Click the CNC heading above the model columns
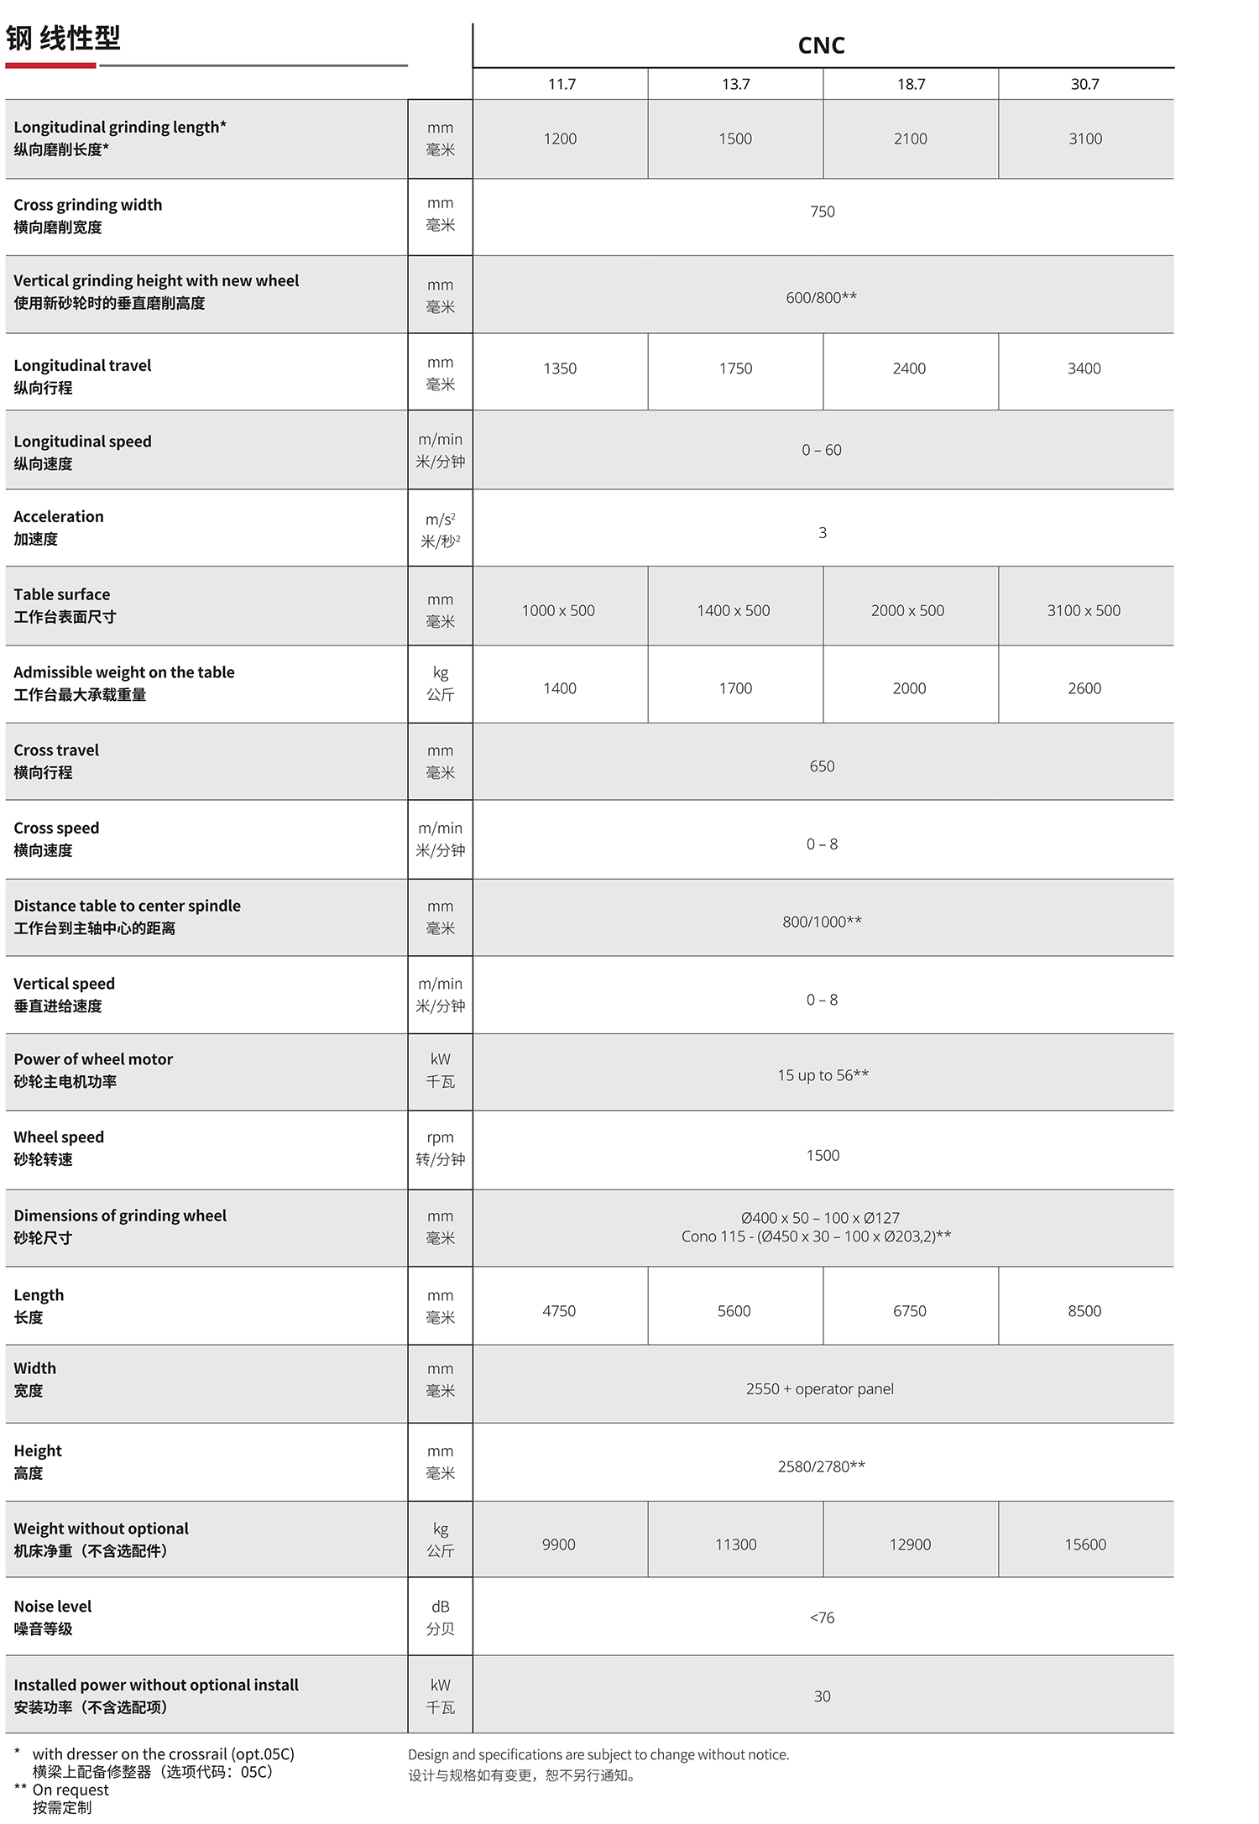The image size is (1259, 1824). click(821, 45)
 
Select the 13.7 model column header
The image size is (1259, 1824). click(735, 84)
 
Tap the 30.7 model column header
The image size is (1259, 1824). click(1084, 84)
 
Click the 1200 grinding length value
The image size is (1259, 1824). click(560, 139)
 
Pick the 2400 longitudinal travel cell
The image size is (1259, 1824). click(909, 368)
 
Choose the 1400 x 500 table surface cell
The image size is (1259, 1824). click(733, 611)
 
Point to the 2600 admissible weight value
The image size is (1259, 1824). click(1084, 689)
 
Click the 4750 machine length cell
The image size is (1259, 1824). click(559, 1311)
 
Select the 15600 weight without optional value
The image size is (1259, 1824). click(1085, 1544)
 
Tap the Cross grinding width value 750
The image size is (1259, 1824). click(823, 212)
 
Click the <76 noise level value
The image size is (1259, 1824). click(822, 1618)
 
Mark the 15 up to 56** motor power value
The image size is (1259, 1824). click(823, 1075)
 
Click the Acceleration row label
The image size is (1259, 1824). click(59, 517)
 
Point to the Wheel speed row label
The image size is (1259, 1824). click(59, 1137)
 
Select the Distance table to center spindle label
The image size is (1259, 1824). click(127, 907)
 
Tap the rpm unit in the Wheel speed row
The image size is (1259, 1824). click(440, 1138)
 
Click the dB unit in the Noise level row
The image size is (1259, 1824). click(440, 1607)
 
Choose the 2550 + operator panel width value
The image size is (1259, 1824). click(819, 1389)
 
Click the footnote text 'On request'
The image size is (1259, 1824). click(71, 1790)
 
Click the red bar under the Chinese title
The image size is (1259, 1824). click(50, 65)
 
